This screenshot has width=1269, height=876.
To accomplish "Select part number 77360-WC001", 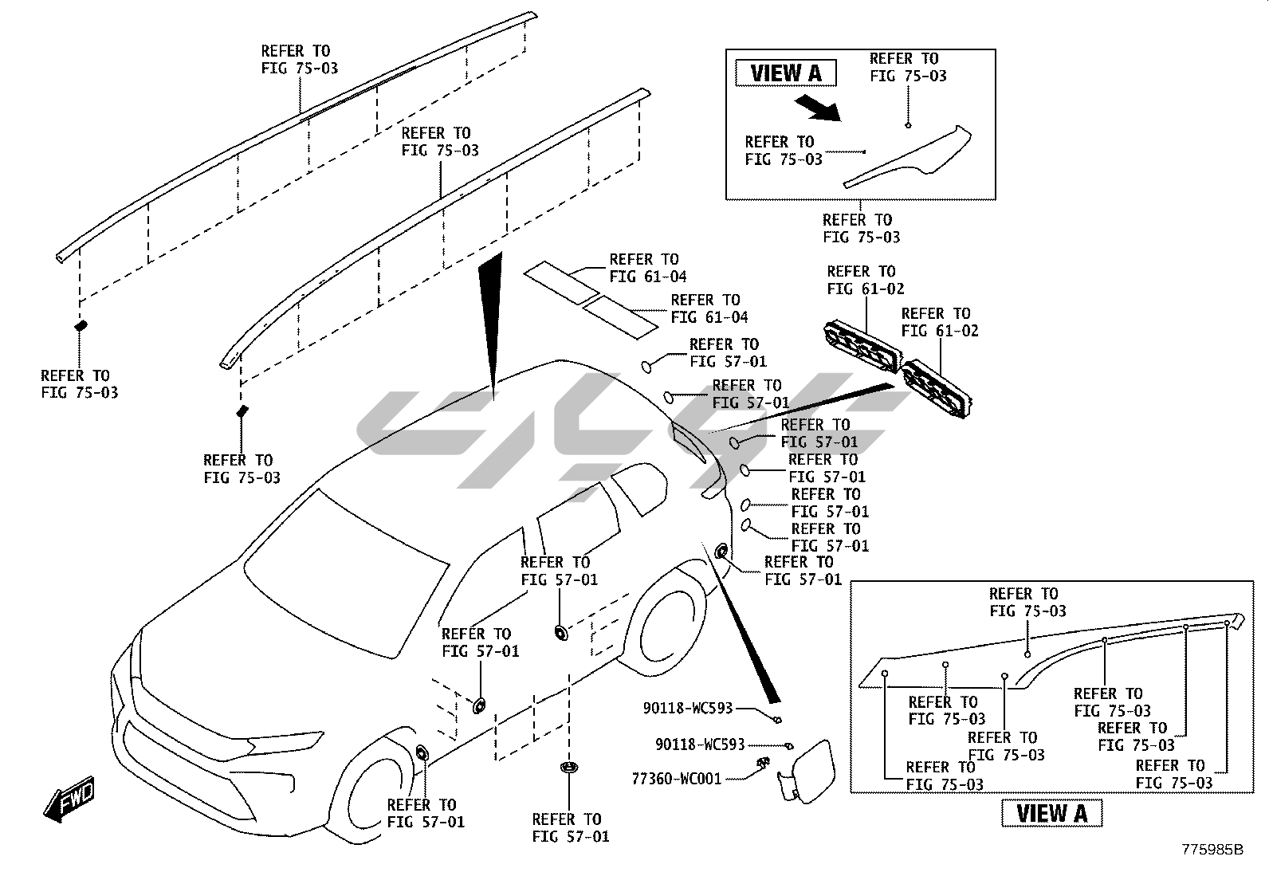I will pos(676,778).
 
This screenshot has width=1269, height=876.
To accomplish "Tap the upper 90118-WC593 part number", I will pos(687,708).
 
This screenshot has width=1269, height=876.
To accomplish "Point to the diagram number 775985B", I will pos(1212,850).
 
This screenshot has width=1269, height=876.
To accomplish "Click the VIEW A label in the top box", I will pos(785,73).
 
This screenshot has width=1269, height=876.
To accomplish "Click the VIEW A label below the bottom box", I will pos(1051,813).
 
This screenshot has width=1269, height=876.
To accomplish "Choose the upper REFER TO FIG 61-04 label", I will pos(647,269).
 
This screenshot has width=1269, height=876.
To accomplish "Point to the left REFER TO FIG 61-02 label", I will pos(865,281).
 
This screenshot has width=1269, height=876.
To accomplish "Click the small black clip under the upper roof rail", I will pos(81,325).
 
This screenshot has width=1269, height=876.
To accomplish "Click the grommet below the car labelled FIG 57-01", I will pos(569,768).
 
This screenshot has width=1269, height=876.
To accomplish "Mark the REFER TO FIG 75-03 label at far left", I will pos(79,384).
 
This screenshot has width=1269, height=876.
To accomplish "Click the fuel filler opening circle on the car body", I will pos(721,551).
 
